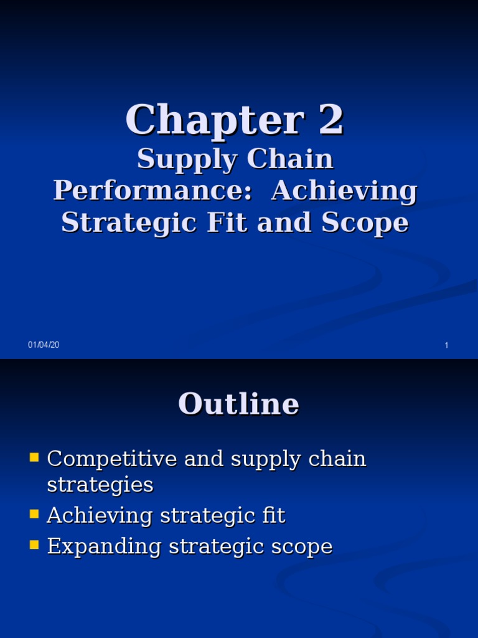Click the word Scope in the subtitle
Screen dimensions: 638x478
click(x=365, y=222)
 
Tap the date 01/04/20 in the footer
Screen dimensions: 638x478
click(x=44, y=345)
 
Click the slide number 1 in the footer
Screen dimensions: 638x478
click(x=446, y=346)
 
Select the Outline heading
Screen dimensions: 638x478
click(x=238, y=404)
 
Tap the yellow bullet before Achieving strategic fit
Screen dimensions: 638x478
click(x=34, y=515)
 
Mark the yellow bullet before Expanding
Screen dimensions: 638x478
click(x=34, y=546)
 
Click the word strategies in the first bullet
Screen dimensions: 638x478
click(x=100, y=485)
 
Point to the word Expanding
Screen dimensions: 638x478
click(x=100, y=547)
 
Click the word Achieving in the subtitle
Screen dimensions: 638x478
click(x=344, y=191)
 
